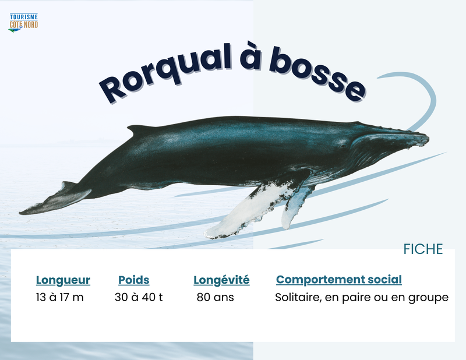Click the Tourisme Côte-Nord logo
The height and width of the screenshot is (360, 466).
tap(23, 23)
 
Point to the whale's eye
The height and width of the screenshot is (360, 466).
tap(344, 146)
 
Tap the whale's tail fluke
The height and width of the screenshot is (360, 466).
tap(55, 199)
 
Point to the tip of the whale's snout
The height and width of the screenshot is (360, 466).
tap(428, 139)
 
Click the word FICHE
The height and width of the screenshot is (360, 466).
tap(423, 249)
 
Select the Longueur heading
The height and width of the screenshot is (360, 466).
tap(63, 280)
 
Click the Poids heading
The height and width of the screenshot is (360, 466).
tap(134, 280)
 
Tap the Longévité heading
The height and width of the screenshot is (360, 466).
tap(221, 280)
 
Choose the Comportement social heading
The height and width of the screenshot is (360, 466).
tap(339, 280)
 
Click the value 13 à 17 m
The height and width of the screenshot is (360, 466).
tap(60, 297)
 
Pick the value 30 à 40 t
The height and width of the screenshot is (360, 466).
tap(139, 297)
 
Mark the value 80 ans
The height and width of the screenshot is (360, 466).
tap(215, 297)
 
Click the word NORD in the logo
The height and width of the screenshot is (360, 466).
tap(31, 24)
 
